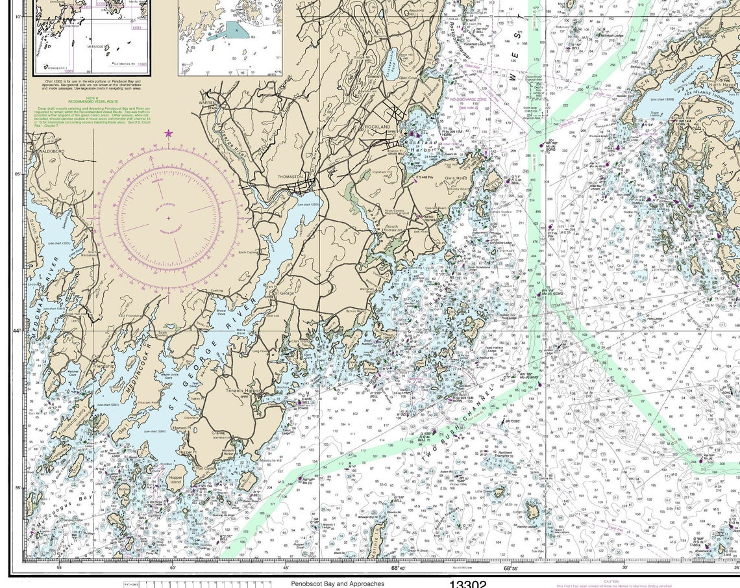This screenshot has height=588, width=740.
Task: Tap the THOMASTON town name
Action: pos(290,177)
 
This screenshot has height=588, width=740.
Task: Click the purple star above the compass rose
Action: pos(169,133)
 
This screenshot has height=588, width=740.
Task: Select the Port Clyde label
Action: pos(205,467)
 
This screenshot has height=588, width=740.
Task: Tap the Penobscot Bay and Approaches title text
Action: pos(338,583)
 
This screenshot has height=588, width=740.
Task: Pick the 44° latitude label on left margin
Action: pos(17,331)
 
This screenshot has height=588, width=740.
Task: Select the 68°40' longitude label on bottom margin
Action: pos(399,568)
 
